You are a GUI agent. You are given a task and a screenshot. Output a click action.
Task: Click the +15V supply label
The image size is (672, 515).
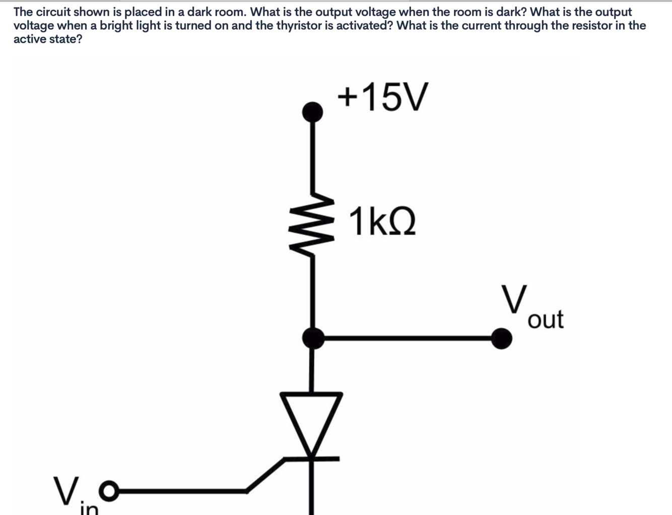383,97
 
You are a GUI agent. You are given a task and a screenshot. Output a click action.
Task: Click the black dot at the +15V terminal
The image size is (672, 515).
313,111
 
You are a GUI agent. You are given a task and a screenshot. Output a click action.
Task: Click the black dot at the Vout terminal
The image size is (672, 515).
501,338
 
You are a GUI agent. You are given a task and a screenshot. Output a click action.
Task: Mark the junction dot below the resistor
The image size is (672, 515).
313,338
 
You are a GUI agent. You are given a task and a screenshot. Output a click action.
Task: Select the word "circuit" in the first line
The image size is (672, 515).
55,12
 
